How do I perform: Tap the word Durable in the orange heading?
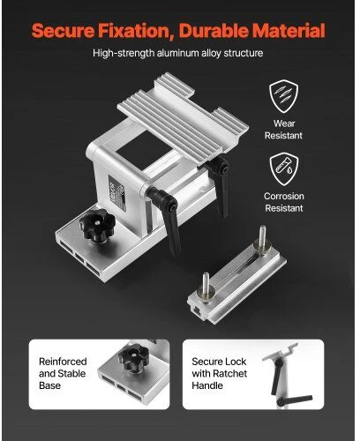click(x=214, y=30)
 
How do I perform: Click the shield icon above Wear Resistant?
click(x=283, y=96)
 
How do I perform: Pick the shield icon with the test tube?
click(x=284, y=168)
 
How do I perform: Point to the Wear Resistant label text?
click(x=283, y=130)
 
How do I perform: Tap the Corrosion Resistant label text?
click(x=284, y=202)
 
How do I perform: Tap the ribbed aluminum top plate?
click(x=183, y=115)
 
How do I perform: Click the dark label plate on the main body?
click(x=117, y=192)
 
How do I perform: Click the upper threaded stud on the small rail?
click(x=262, y=238)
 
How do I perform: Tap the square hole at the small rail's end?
click(x=195, y=310)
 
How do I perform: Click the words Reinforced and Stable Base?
click(x=63, y=373)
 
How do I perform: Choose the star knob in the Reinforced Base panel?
click(x=134, y=358)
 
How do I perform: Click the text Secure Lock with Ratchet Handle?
click(x=219, y=373)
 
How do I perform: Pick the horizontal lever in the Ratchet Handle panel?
click(x=295, y=400)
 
